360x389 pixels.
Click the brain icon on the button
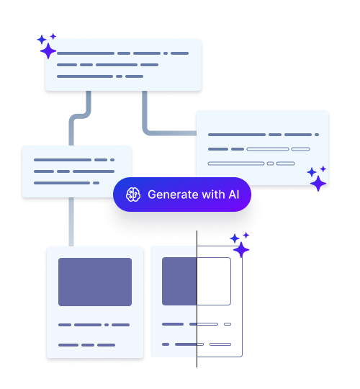133,194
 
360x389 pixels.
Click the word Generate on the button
173,194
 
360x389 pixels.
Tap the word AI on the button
234,194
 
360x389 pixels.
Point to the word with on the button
213,194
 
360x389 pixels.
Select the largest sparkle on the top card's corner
48,51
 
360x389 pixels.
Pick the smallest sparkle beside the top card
53,37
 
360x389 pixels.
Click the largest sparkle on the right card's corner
318,184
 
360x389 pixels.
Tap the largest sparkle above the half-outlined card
241,250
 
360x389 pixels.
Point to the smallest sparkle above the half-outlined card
246,235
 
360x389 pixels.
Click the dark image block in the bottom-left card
95,282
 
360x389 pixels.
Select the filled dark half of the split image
179,282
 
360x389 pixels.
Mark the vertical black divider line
197,299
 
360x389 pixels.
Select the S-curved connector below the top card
80,117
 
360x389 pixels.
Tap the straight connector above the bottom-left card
71,222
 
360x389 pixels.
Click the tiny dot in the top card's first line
166,53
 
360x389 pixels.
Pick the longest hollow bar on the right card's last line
236,164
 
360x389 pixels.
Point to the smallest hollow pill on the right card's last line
270,164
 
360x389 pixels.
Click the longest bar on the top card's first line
86,53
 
